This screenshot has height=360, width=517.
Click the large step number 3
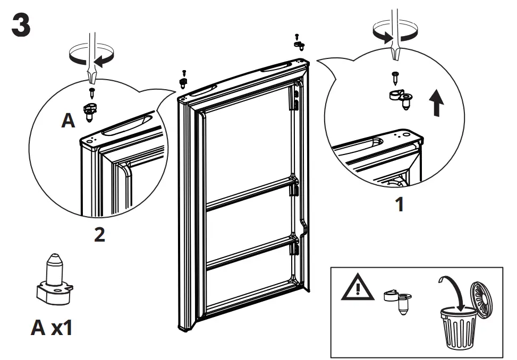pyautogui.click(x=21, y=26)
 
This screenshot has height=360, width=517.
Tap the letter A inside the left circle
pyautogui.click(x=68, y=121)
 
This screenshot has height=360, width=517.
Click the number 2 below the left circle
pyautogui.click(x=99, y=235)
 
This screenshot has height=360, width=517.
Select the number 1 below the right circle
pyautogui.click(x=400, y=204)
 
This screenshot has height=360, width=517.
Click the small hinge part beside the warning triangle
pyautogui.click(x=398, y=300)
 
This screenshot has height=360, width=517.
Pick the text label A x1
pyautogui.click(x=51, y=328)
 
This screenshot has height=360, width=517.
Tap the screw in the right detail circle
pyautogui.click(x=395, y=78)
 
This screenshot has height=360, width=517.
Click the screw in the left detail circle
pyautogui.click(x=92, y=94)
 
